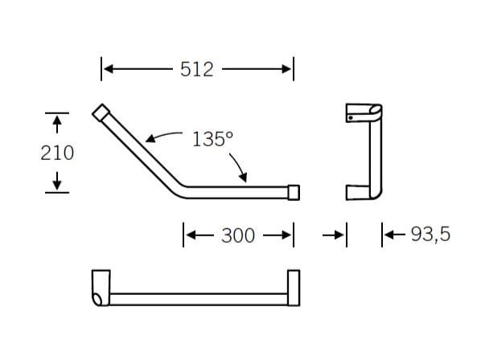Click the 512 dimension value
coord(197,70)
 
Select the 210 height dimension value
coord(57,152)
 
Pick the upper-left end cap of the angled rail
coord(102,112)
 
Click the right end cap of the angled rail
coord(294,192)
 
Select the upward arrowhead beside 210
coord(56,122)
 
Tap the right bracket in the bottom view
coord(293,288)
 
